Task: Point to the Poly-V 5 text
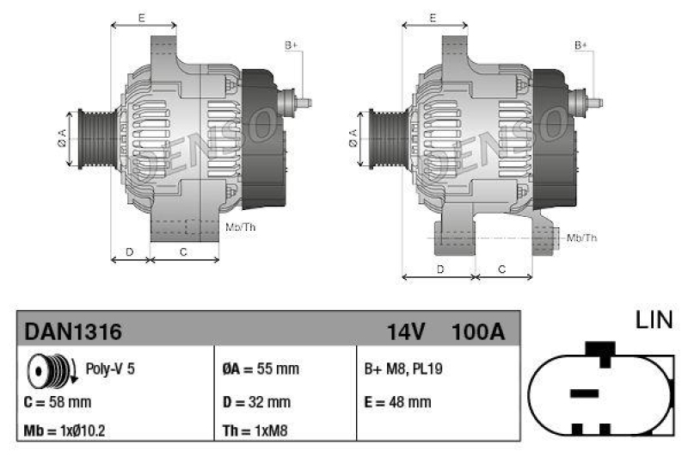coord(110,369)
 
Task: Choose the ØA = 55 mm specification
coord(261,369)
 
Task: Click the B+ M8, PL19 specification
coord(404,369)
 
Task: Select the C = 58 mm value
coord(58,401)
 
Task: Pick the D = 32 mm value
coord(256,401)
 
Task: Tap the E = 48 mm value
coord(398,401)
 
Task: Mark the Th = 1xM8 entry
coord(255,430)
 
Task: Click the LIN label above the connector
coord(654,321)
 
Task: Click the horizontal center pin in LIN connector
coord(584,393)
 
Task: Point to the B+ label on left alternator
coord(291,45)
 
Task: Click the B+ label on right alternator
coord(581,45)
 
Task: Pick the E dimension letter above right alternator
coord(433,17)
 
